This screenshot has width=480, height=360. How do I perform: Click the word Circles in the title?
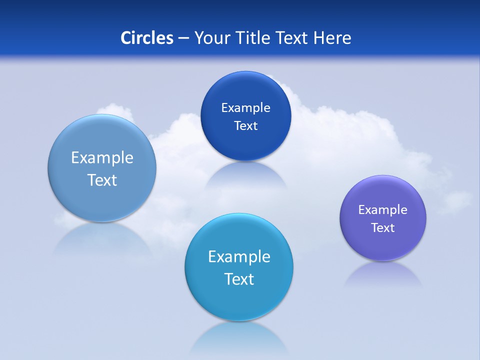point(147,38)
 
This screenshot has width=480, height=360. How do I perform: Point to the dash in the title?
point(183,38)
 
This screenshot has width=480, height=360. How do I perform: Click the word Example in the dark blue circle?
point(245,108)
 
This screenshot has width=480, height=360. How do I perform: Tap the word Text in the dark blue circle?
point(245,126)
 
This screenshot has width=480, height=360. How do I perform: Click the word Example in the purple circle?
point(382,210)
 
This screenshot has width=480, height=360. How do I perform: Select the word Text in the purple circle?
point(383,228)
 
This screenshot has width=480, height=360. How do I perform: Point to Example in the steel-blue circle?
point(102,158)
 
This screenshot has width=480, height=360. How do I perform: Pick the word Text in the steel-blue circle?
point(102,180)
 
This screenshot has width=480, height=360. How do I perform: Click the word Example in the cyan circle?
point(239,257)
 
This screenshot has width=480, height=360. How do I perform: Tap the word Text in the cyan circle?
point(239,279)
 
